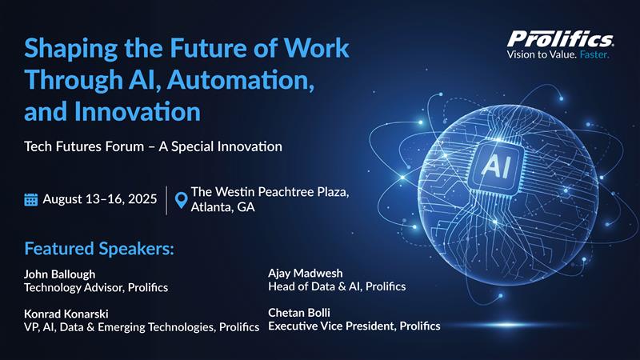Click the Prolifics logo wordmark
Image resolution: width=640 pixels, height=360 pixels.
point(560,38)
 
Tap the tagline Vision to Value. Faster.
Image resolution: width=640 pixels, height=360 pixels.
point(558,55)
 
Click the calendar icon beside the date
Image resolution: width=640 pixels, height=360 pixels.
point(31,200)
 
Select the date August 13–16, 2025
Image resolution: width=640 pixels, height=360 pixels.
point(99,200)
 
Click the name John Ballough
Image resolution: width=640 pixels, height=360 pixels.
point(60,274)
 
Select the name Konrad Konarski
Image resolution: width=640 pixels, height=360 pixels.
point(66,313)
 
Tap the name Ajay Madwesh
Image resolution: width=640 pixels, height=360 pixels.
point(305,273)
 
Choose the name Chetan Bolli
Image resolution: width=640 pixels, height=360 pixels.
point(299,312)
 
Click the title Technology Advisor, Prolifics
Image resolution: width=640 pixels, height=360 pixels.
point(96,287)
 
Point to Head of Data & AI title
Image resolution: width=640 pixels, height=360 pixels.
point(337,286)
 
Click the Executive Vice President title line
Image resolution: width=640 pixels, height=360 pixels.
point(354,326)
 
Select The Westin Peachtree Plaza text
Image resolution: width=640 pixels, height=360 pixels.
point(270,193)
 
